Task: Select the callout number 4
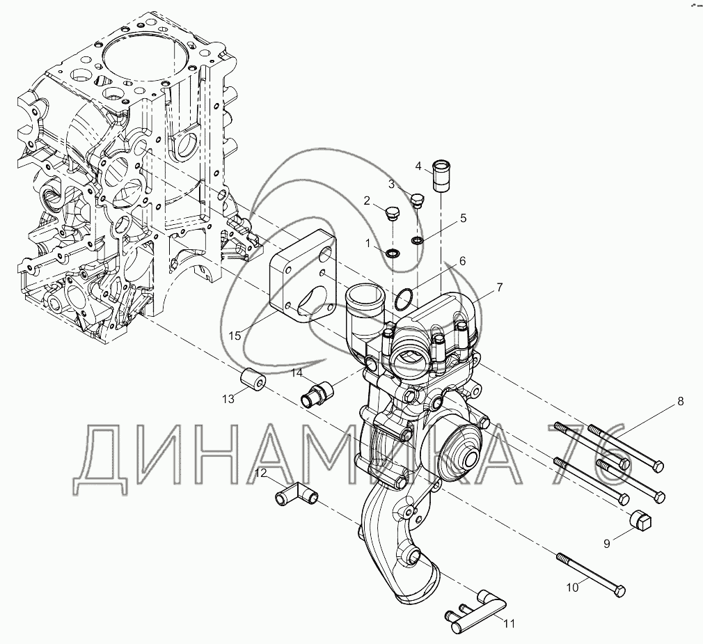pyautogui.click(x=419, y=166)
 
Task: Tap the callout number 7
pyautogui.click(x=500, y=287)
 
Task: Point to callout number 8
pyautogui.click(x=681, y=401)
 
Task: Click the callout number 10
pyautogui.click(x=571, y=587)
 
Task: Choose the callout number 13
pyautogui.click(x=228, y=398)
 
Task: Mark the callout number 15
pyautogui.click(x=235, y=335)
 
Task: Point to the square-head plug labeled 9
pyautogui.click(x=640, y=519)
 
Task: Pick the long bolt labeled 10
pyautogui.click(x=592, y=570)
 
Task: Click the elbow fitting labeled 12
pyautogui.click(x=297, y=496)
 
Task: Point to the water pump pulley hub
pyautogui.click(x=461, y=449)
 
